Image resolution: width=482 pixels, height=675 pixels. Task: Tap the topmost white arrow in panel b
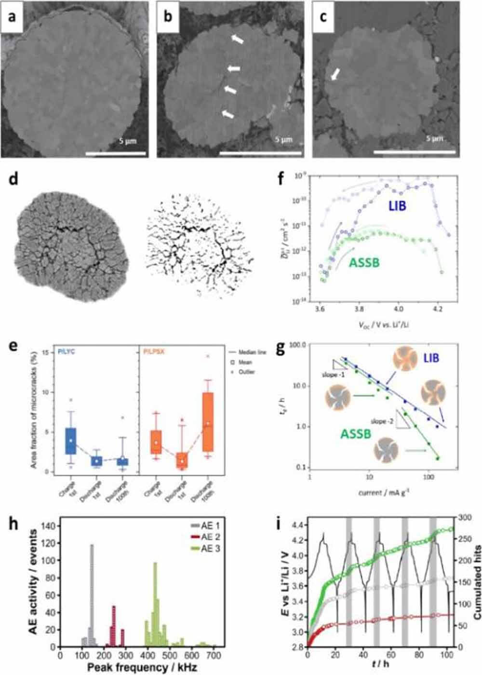click(x=237, y=40)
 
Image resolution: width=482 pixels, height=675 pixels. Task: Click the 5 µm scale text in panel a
click(x=128, y=141)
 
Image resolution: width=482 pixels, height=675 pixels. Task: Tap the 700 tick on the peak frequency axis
click(x=214, y=656)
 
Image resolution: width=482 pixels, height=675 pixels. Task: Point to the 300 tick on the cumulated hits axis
click(x=464, y=517)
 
